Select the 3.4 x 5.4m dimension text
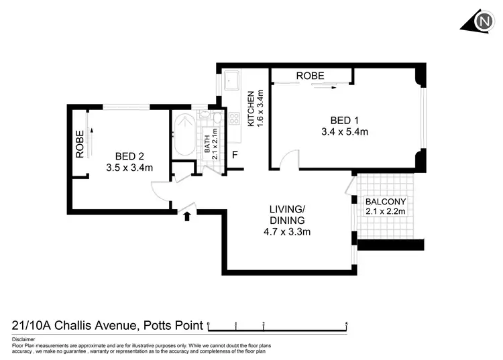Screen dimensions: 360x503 (x=345, y=132)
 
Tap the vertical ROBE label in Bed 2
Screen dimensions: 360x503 (x=79, y=143)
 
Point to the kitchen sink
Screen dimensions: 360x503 (x=233, y=82)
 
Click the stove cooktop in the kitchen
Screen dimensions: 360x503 (x=235, y=119)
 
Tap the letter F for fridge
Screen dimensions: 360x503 (x=235, y=156)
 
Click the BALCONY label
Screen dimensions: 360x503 (x=384, y=201)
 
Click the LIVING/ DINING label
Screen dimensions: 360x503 (x=288, y=215)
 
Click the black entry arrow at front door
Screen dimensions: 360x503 (x=187, y=216)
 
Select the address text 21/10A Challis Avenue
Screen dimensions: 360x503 (x=74, y=326)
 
